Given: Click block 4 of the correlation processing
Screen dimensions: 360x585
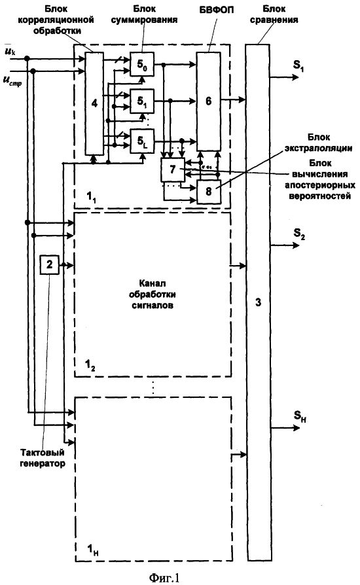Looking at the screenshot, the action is tap(95, 103).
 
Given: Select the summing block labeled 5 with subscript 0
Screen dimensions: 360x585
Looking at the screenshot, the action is tap(142, 65).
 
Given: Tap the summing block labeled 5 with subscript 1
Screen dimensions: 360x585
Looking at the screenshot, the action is tap(142, 101).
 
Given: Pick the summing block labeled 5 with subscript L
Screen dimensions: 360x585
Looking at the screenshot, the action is tap(142, 141).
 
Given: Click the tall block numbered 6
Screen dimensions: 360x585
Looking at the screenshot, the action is tap(209, 101).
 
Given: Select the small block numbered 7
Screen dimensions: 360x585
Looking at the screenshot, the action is tap(172, 169).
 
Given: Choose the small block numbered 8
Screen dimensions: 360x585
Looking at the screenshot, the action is tap(209, 191).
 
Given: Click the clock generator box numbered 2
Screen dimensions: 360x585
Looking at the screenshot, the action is tap(50, 264).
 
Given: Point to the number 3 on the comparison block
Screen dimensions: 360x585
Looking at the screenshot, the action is tap(258, 302).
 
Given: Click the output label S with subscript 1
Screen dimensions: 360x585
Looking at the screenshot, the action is tap(298, 66).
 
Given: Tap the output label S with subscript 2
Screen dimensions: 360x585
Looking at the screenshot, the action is tap(299, 234).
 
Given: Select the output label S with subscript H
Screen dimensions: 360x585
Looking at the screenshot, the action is tap(300, 416).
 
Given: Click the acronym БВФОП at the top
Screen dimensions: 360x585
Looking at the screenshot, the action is tap(217, 9).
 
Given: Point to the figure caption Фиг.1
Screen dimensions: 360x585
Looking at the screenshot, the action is tap(164, 578).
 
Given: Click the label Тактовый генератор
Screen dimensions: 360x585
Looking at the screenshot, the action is tap(42, 458).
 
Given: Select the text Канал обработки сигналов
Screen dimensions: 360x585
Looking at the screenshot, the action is tap(153, 294).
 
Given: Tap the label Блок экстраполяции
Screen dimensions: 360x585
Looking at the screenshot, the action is tap(319, 143).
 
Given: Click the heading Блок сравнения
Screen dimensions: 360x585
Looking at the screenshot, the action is tap(274, 14).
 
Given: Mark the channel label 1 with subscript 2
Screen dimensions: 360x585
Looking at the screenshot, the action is tap(90, 365).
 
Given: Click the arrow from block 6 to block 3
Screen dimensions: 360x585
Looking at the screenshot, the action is tap(233, 99).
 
